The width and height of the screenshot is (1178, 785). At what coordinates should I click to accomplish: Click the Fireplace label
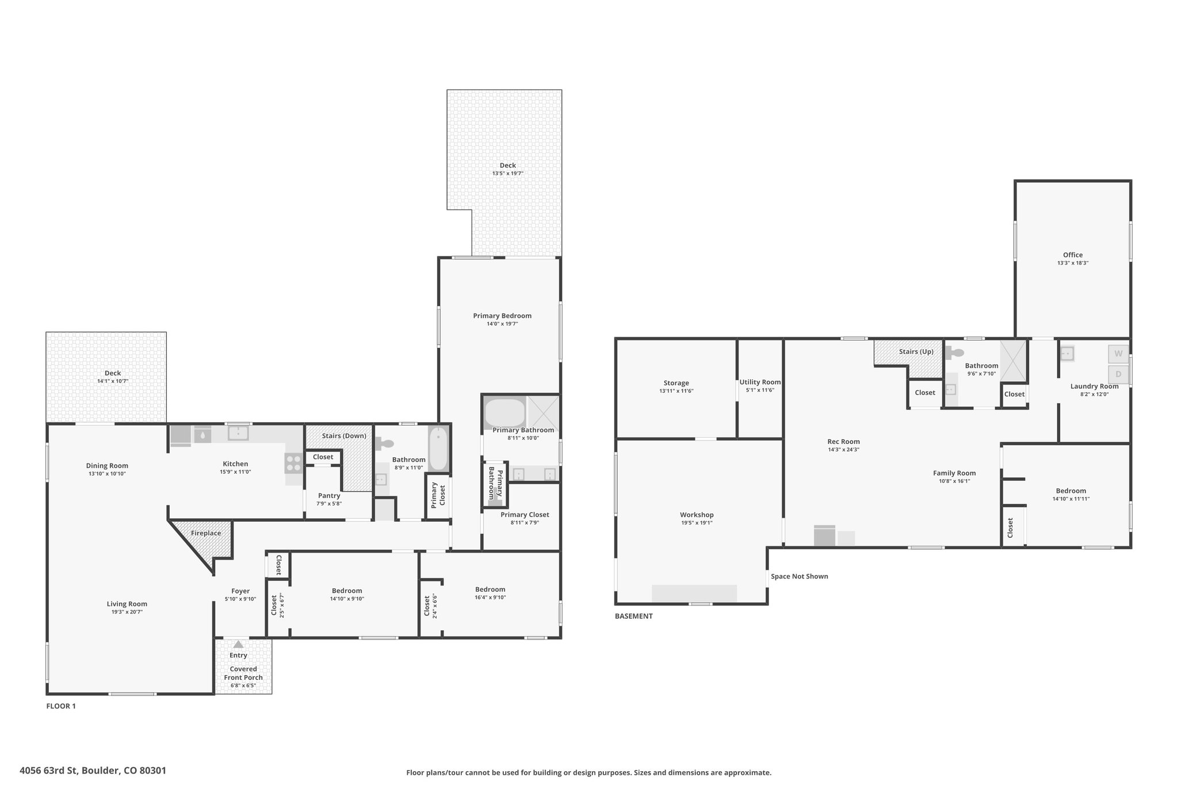point(206,533)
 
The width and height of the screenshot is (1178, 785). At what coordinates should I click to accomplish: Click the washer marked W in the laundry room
point(1118,353)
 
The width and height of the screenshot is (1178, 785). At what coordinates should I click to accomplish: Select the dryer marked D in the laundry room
point(1118,374)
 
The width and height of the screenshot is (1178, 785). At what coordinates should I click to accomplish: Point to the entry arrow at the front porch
point(238,645)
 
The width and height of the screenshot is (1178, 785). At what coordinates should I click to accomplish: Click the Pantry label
point(329,496)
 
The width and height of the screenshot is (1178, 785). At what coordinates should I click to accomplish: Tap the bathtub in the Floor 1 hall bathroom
point(438,449)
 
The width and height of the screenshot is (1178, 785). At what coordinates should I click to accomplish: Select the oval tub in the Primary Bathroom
point(504,412)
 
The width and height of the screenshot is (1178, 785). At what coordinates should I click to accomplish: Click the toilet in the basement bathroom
point(955,352)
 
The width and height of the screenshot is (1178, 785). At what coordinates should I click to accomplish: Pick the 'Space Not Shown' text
point(800,576)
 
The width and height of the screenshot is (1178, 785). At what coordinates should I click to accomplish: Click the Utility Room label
point(760,382)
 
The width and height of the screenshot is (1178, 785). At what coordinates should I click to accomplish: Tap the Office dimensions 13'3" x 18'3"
point(1073,263)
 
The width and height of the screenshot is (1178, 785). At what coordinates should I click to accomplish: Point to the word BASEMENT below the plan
point(634,616)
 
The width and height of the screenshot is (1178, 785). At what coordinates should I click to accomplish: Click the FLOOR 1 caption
point(61,706)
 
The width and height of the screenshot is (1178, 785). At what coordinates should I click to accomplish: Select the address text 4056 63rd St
point(49,771)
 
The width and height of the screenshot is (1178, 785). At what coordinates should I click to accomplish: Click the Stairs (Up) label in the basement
point(916,351)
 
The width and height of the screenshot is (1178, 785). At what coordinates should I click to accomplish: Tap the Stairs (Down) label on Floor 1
point(344,436)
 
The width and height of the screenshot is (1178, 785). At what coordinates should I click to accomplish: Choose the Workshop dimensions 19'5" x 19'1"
point(697,523)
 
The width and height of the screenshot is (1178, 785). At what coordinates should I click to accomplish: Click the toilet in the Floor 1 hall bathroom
point(384,443)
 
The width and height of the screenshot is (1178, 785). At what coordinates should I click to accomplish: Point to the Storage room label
point(676,383)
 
